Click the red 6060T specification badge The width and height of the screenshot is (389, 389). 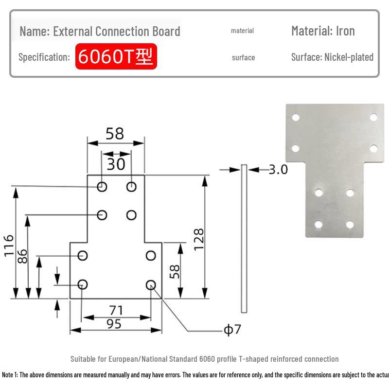pyautogui.click(x=116, y=56)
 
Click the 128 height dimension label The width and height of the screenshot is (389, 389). pyautogui.click(x=199, y=239)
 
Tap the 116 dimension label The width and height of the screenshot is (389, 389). pyautogui.click(x=9, y=246)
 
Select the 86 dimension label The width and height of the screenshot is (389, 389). pyautogui.click(x=22, y=256)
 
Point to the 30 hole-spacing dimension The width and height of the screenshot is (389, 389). pyautogui.click(x=116, y=164)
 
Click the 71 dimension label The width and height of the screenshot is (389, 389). pyautogui.click(x=116, y=310)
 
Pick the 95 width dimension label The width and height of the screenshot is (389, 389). pyautogui.click(x=114, y=324)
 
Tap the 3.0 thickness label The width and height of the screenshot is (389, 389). pyautogui.click(x=278, y=169)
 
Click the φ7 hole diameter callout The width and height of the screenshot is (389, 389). pyautogui.click(x=232, y=330)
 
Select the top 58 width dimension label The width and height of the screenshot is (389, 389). pyautogui.click(x=115, y=134)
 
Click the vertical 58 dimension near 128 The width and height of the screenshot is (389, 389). pyautogui.click(x=175, y=272)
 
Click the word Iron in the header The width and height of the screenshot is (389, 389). pyautogui.click(x=345, y=31)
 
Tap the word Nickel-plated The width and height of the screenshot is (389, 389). pyautogui.click(x=349, y=57)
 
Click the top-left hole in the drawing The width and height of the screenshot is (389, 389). pyautogui.click(x=102, y=187)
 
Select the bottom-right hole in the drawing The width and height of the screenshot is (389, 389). pyautogui.click(x=151, y=285)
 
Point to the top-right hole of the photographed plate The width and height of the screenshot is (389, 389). pyautogui.click(x=373, y=117)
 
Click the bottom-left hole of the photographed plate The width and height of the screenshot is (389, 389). pyautogui.click(x=318, y=225)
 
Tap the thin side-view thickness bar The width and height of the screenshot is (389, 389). pyautogui.click(x=244, y=238)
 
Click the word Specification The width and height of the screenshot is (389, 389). pyautogui.click(x=44, y=57)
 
